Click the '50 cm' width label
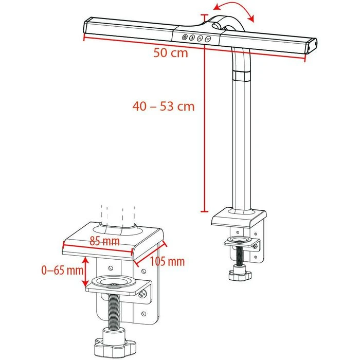point(170,52)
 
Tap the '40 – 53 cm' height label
point(163,106)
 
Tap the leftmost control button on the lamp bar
point(184,37)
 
